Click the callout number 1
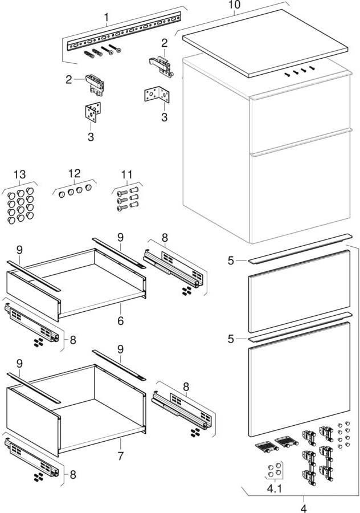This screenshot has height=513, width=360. click(x=107, y=18)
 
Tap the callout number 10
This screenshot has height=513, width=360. click(x=235, y=5)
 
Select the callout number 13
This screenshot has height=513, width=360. click(x=20, y=174)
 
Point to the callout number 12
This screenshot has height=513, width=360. click(x=75, y=173)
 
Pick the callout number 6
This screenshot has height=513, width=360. click(x=120, y=321)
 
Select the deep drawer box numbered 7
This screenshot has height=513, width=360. click(x=74, y=410)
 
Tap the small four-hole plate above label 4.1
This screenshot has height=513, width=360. click(x=273, y=470)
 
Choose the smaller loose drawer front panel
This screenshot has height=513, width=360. click(x=298, y=291)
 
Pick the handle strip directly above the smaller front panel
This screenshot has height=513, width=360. click(x=299, y=249)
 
